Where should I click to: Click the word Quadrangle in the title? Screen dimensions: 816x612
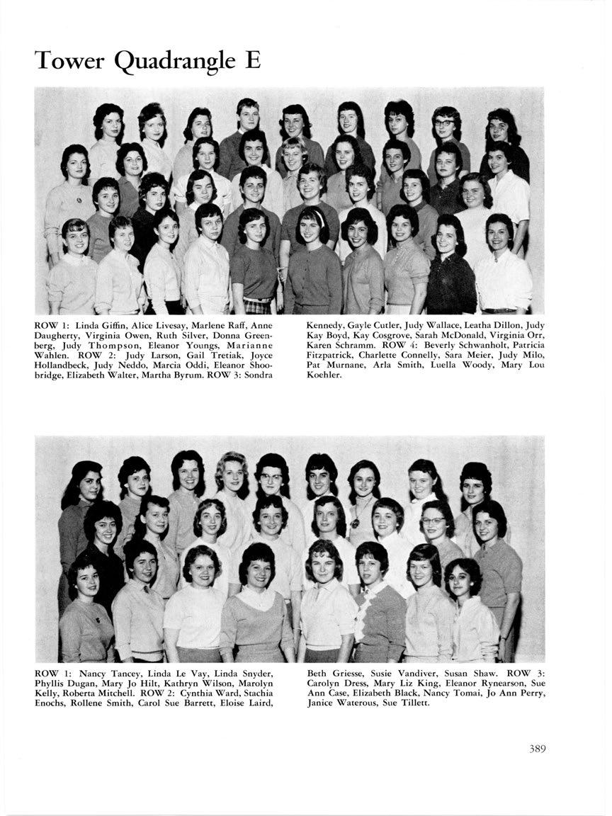click(169, 62)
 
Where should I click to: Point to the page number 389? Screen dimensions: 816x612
click(537, 749)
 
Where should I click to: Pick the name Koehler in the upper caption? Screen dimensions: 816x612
click(324, 375)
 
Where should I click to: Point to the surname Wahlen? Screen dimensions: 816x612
click(52, 355)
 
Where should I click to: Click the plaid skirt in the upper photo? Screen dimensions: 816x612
click(256, 305)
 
